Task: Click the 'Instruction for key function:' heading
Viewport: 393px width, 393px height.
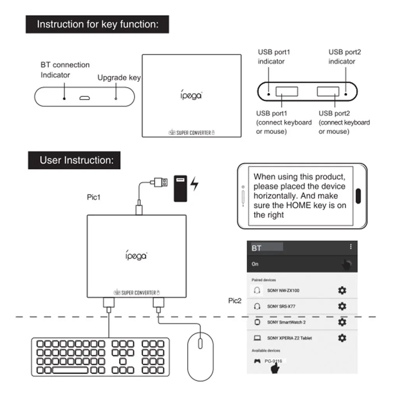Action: [x=97, y=25]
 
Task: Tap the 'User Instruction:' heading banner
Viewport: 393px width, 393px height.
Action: [x=74, y=160]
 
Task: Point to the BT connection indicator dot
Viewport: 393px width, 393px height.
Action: [x=64, y=98]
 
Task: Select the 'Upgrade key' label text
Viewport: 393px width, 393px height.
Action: [x=119, y=77]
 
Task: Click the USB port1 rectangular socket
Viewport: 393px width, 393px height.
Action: [x=287, y=92]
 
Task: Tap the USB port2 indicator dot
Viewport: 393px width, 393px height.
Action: [x=346, y=94]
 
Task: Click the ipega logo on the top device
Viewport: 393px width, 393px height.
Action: [x=191, y=95]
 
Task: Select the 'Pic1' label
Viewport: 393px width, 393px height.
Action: [x=93, y=197]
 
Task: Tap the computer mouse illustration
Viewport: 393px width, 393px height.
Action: [x=200, y=356]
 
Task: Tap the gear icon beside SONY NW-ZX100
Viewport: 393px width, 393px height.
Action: [x=342, y=290]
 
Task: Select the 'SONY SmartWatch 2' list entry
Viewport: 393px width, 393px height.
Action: [x=286, y=322]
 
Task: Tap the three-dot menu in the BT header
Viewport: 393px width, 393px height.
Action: [x=351, y=247]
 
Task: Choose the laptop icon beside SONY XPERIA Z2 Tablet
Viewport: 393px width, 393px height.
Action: [x=257, y=338]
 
